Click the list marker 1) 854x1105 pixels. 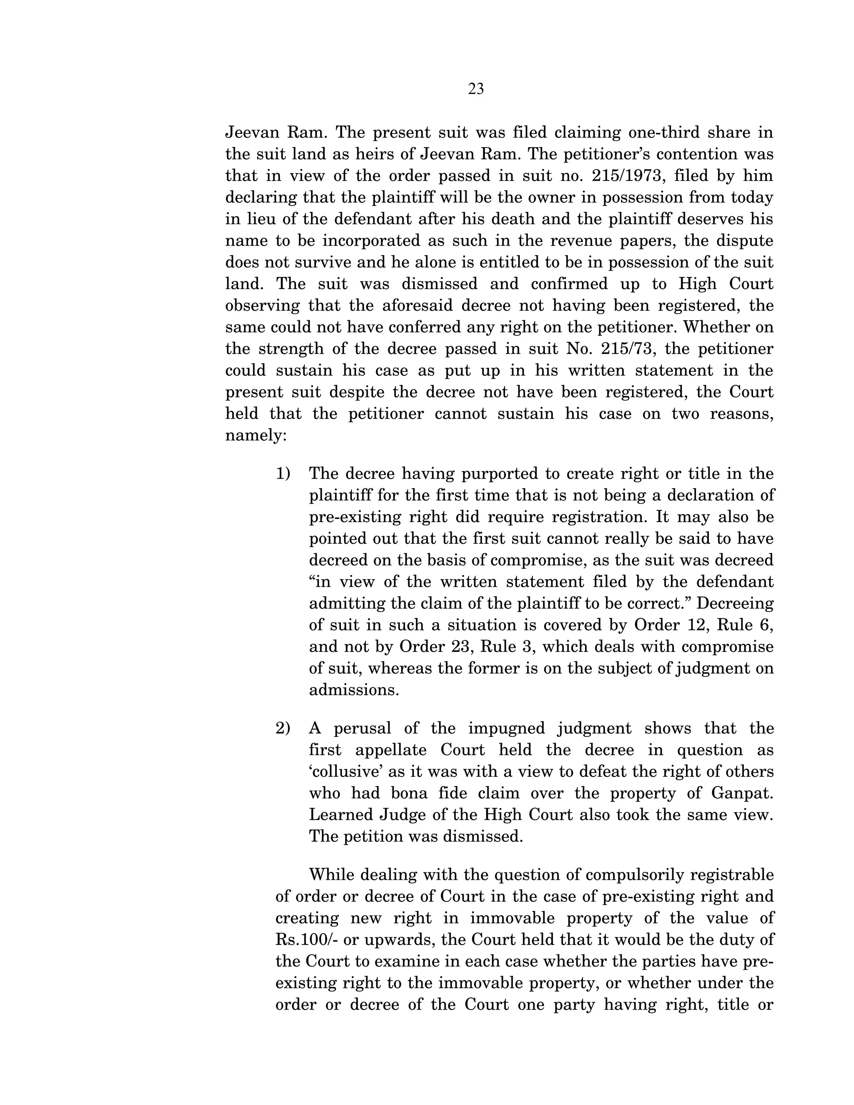coord(283,474)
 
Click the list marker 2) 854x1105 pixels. coord(283,728)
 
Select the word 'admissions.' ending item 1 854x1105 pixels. coord(354,690)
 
